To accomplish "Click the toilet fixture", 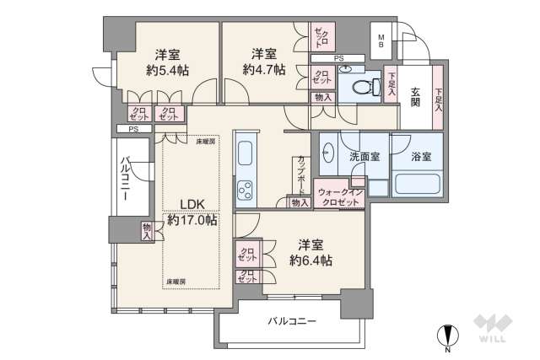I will coord(360,86).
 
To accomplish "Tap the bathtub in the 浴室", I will coord(414,183).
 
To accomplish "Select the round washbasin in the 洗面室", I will coord(328,153).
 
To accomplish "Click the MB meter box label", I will coord(381,40).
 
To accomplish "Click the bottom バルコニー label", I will coord(292,321).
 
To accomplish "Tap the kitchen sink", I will coord(245,154).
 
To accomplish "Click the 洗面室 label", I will coord(364,157).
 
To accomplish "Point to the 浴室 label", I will coord(422,157).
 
